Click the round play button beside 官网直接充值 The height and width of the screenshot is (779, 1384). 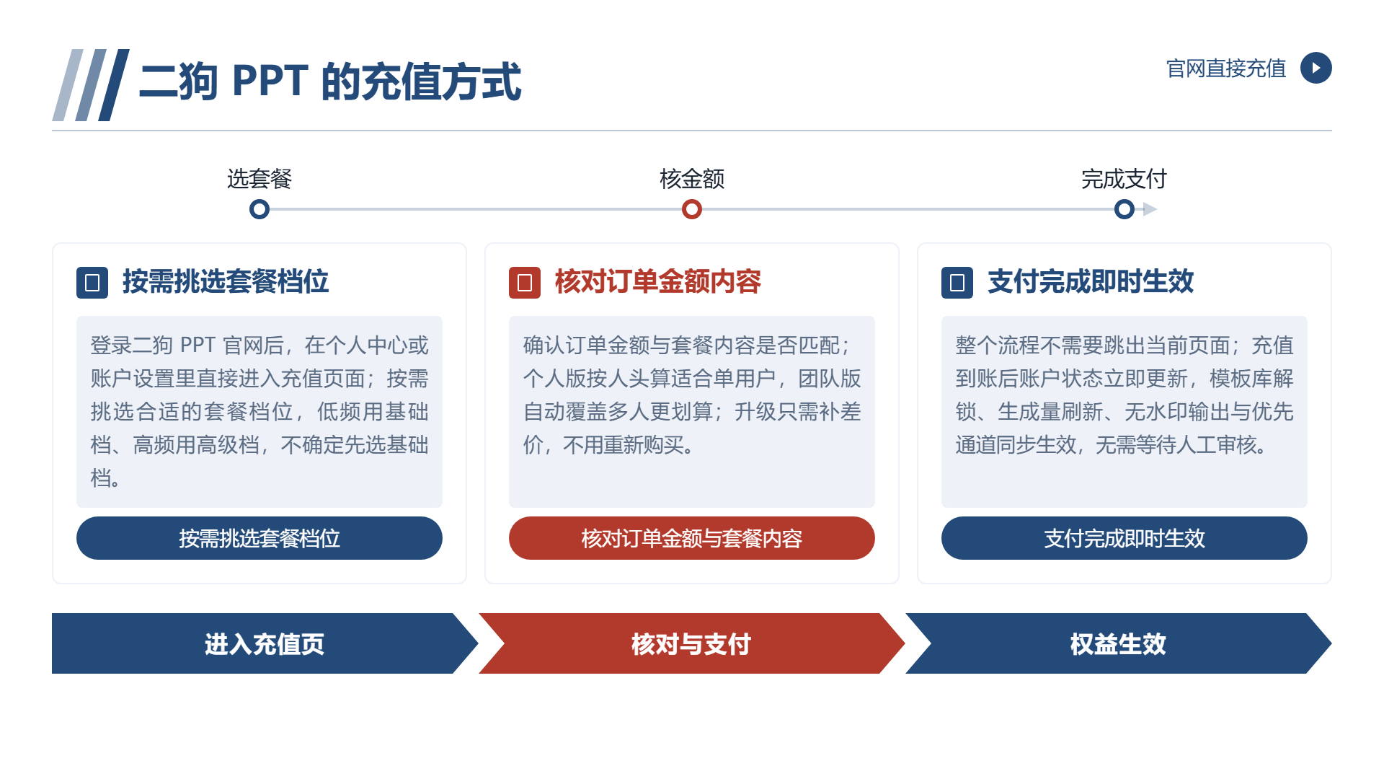(x=1316, y=68)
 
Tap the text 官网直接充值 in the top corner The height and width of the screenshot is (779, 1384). (x=1226, y=69)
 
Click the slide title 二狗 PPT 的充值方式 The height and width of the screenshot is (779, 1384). (x=330, y=81)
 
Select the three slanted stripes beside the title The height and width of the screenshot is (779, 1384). (x=91, y=85)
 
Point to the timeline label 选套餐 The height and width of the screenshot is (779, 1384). (x=259, y=179)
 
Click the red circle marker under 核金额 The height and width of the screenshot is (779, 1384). (x=692, y=209)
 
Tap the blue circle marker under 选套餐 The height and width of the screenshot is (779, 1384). (x=259, y=209)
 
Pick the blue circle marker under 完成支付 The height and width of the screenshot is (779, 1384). (x=1124, y=209)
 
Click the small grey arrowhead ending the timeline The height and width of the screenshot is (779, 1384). (x=1150, y=209)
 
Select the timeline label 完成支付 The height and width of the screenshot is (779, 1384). (x=1124, y=179)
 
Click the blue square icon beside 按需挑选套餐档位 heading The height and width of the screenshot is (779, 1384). (x=92, y=283)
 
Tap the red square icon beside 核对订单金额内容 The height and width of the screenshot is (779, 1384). (x=525, y=283)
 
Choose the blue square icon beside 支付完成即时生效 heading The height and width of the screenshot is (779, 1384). (x=957, y=283)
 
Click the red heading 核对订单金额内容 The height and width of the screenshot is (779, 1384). (x=658, y=281)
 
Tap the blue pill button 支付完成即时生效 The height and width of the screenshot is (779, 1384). (x=1124, y=538)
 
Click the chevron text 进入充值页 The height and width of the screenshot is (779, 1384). (x=265, y=644)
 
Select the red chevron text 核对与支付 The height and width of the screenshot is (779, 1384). (x=691, y=644)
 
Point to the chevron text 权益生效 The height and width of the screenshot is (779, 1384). (x=1118, y=644)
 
